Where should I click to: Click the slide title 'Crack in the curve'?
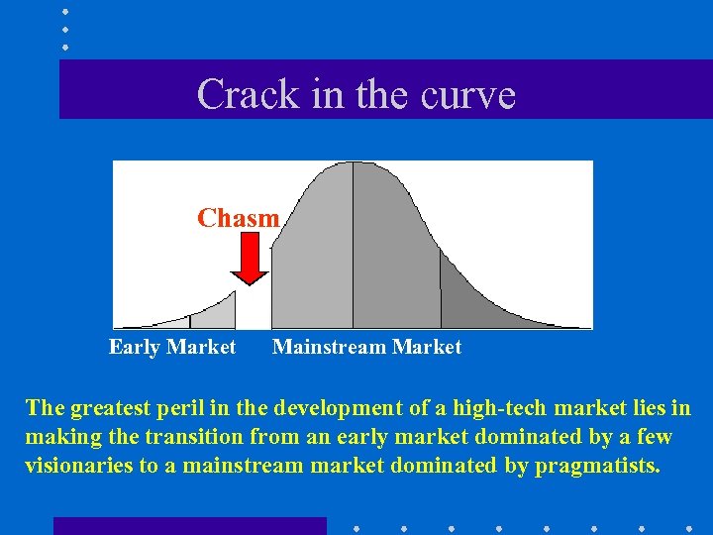point(356,94)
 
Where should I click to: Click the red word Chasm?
point(239,218)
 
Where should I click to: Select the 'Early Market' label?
point(172,347)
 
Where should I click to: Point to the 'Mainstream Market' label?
point(366,347)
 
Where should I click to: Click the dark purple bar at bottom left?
point(188,526)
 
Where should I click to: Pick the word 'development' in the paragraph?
point(338,408)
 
